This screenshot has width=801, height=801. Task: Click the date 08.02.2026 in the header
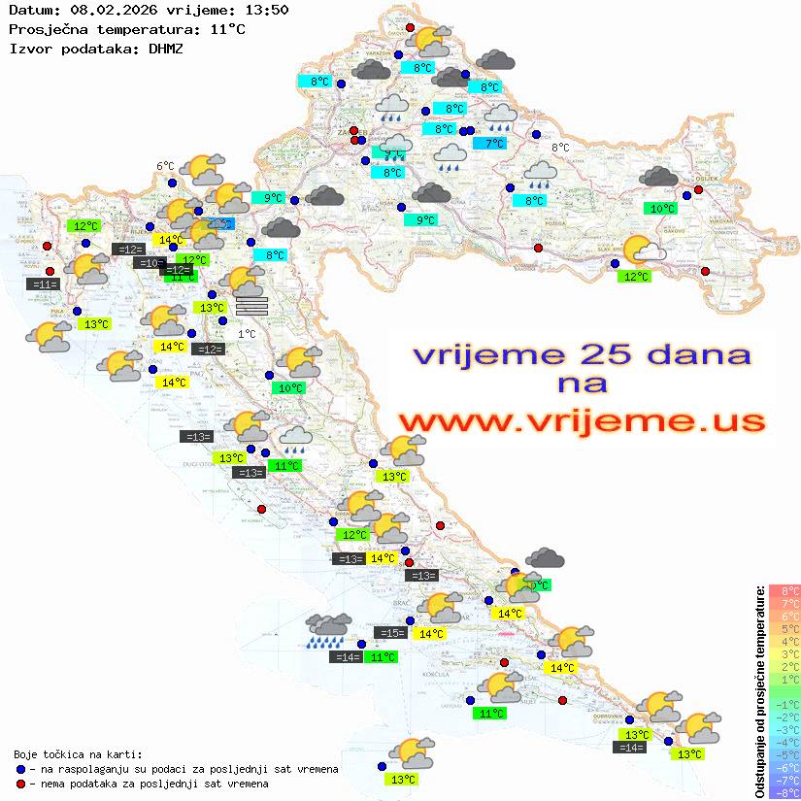tap(107, 10)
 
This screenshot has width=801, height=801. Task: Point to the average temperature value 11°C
tap(227, 29)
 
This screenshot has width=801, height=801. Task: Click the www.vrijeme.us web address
tap(581, 421)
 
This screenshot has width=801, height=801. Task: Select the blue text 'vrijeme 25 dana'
tap(581, 355)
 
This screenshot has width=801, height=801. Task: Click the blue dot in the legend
tap(20, 769)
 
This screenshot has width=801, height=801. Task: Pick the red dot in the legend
tap(20, 784)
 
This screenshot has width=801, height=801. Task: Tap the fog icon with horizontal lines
tap(251, 306)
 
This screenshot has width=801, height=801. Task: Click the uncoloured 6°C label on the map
tap(165, 166)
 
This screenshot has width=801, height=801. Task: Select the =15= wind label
tap(390, 633)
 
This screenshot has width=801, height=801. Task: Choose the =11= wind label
tap(44, 284)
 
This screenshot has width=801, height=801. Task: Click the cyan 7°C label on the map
tap(495, 144)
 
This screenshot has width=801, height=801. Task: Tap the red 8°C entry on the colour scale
tap(784, 590)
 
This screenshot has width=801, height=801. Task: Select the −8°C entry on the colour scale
tap(784, 793)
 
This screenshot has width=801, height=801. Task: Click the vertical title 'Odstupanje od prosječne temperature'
tap(760, 690)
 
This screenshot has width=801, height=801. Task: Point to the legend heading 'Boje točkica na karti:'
tap(78, 754)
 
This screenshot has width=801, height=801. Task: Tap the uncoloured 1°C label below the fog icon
tap(247, 334)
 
